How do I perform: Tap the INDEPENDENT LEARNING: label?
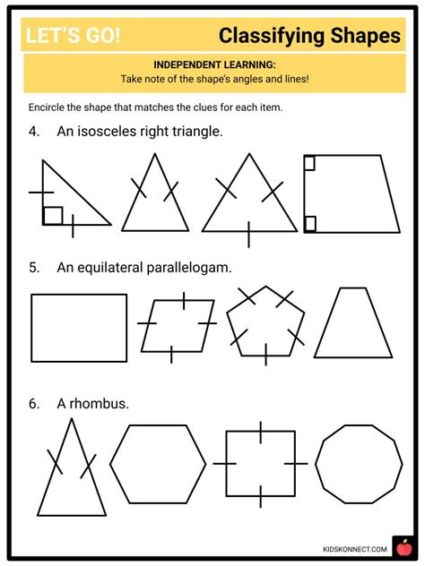212,65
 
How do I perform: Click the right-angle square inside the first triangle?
53,216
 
